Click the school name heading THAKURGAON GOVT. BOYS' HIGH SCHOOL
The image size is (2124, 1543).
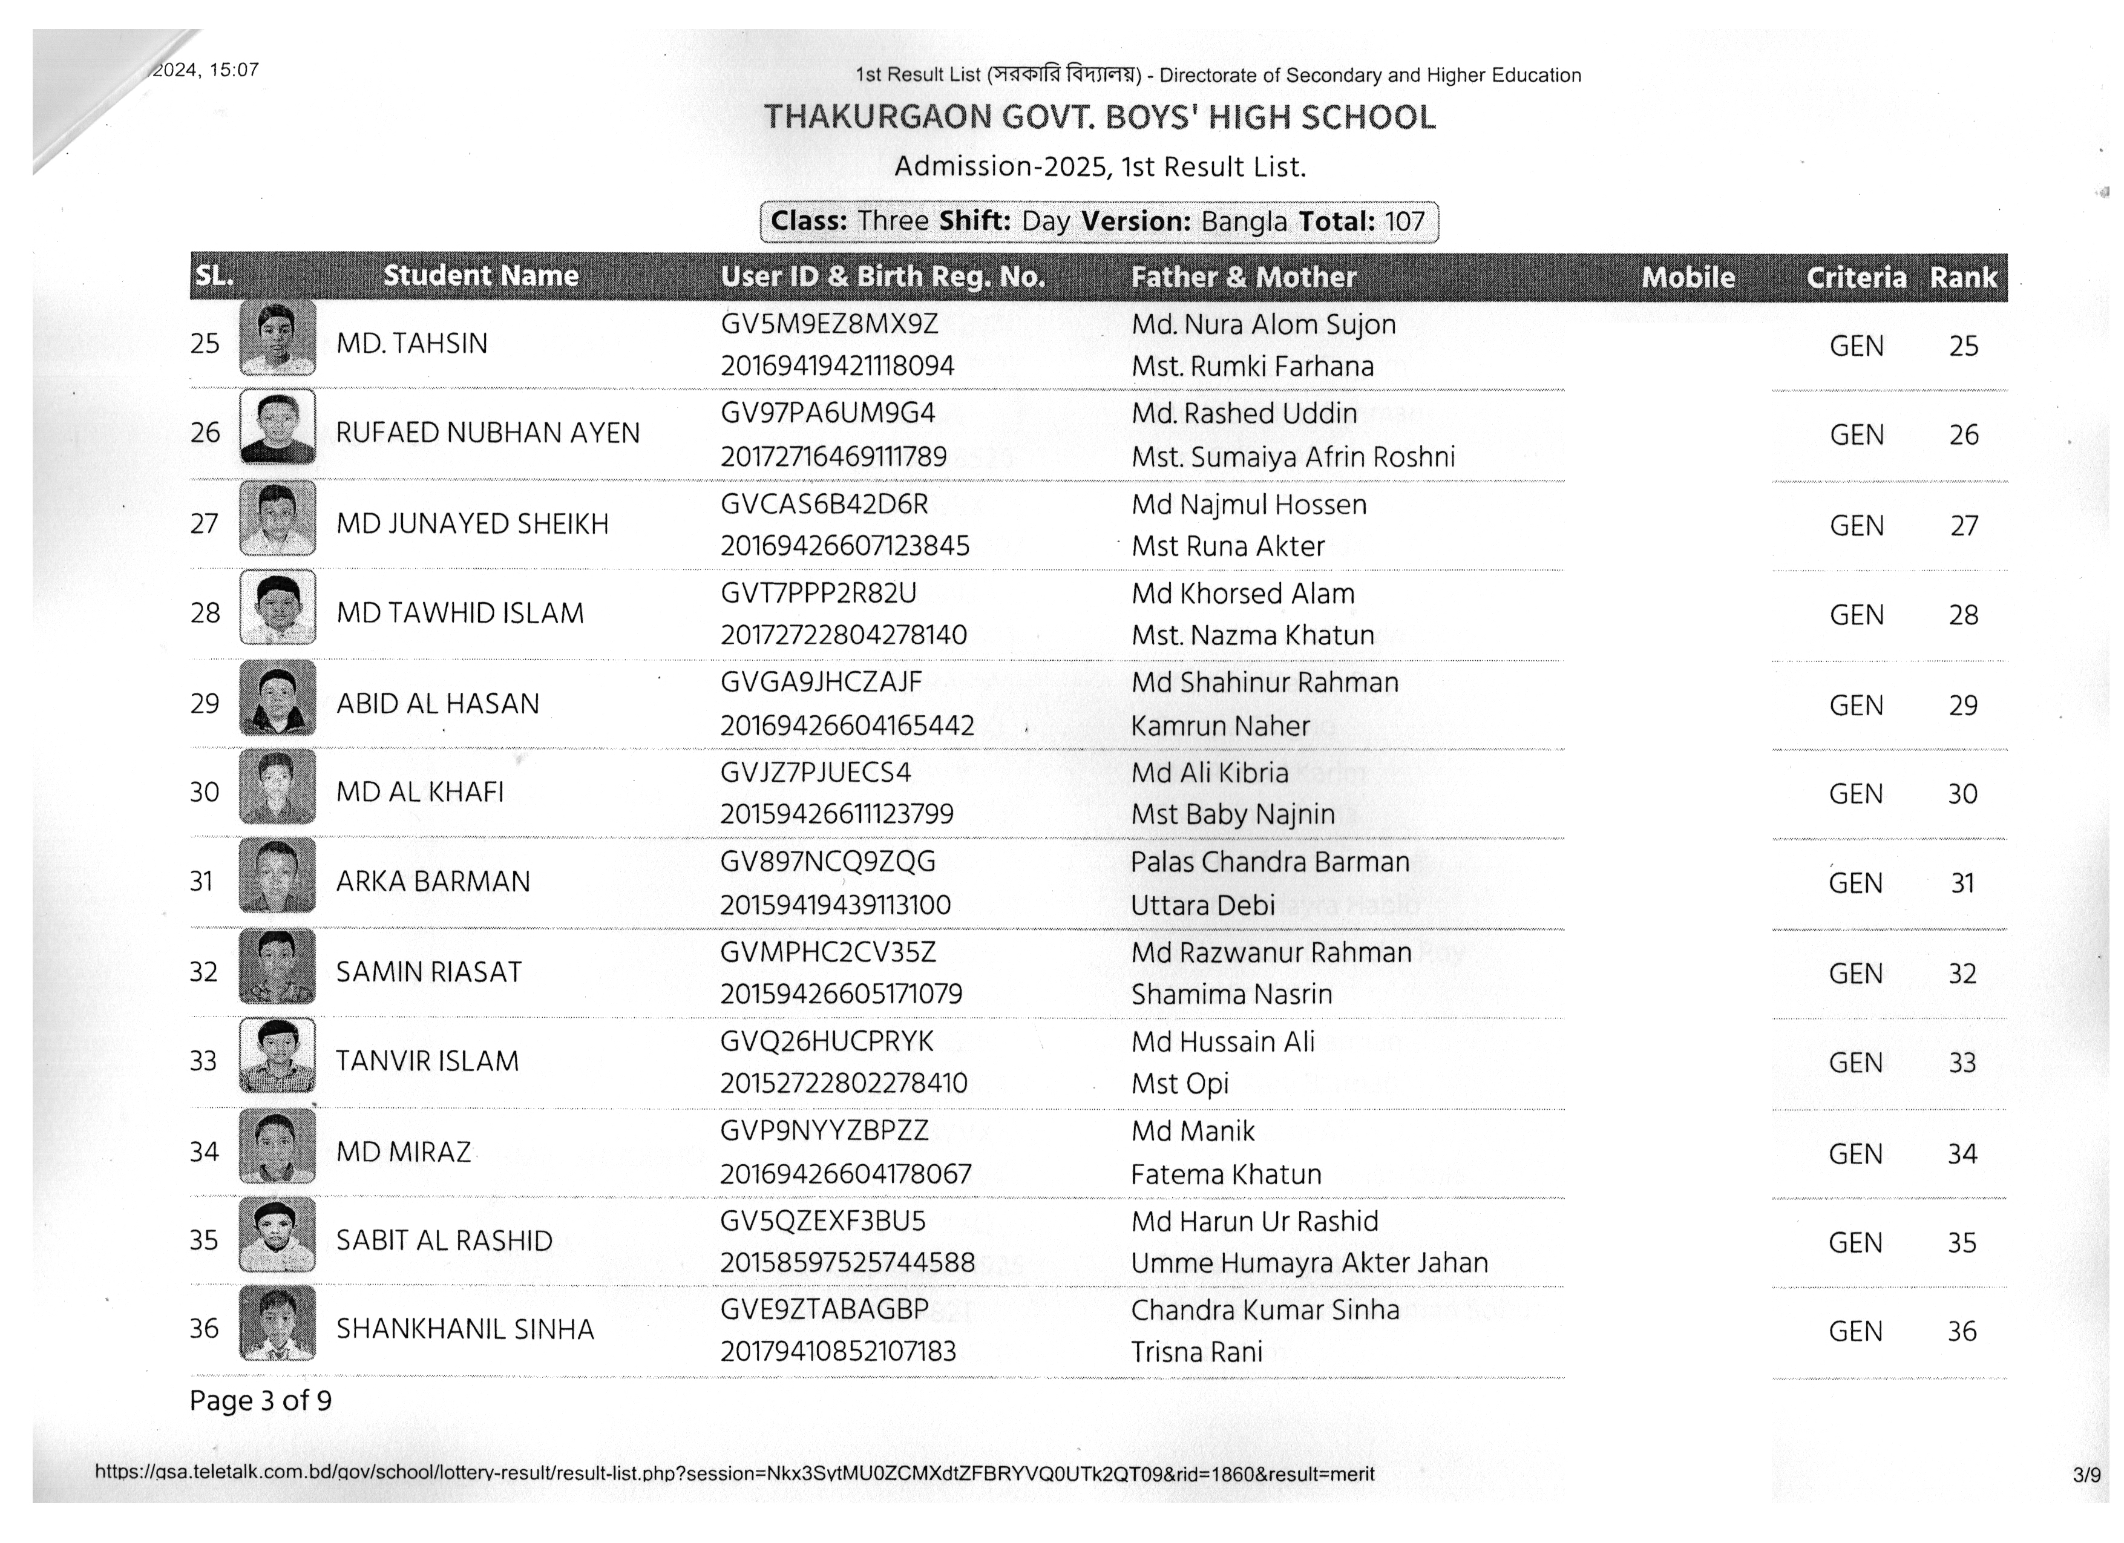(x=1100, y=118)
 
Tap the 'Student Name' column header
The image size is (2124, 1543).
(x=480, y=275)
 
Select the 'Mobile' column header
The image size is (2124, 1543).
(x=1688, y=277)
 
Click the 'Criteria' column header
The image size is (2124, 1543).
(x=1855, y=277)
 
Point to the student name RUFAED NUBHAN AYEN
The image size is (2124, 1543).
(x=488, y=433)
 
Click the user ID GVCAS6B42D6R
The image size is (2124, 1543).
(x=824, y=505)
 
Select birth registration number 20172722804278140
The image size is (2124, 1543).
(x=843, y=635)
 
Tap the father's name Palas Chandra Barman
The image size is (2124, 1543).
(x=1269, y=862)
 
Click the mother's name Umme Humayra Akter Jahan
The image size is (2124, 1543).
(x=1308, y=1263)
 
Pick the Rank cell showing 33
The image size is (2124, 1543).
(x=1962, y=1063)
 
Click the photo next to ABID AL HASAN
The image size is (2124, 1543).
(x=277, y=698)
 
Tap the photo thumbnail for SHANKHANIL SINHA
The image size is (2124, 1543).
(x=277, y=1323)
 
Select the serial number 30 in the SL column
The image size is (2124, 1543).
(x=204, y=792)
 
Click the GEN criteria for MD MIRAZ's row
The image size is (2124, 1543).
(x=1855, y=1153)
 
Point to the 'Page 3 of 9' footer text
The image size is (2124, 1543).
(x=260, y=1401)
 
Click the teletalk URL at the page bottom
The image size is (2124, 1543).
(x=734, y=1473)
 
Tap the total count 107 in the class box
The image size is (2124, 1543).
(x=1404, y=222)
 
